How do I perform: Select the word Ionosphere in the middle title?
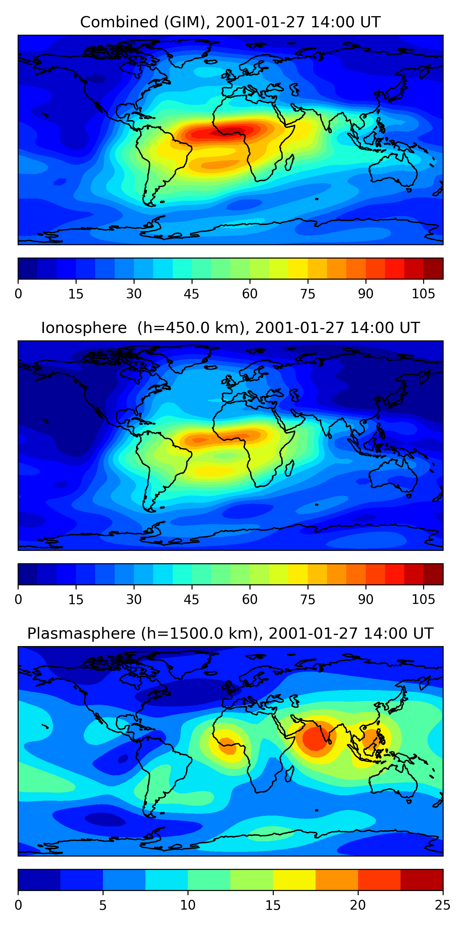coord(84,328)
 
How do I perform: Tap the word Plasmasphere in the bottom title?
coord(81,634)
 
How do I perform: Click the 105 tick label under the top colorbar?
coord(423,294)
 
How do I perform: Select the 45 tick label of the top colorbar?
coord(191,294)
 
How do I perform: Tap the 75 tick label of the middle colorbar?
coord(308,600)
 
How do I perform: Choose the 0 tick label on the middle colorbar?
coord(18,600)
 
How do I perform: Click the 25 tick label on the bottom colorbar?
coord(443,905)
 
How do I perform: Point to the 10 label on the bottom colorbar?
coord(188,905)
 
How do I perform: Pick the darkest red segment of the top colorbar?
coord(433,268)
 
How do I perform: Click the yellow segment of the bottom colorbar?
coord(294,880)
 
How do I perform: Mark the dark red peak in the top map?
coord(231,131)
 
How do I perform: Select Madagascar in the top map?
coord(289,163)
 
